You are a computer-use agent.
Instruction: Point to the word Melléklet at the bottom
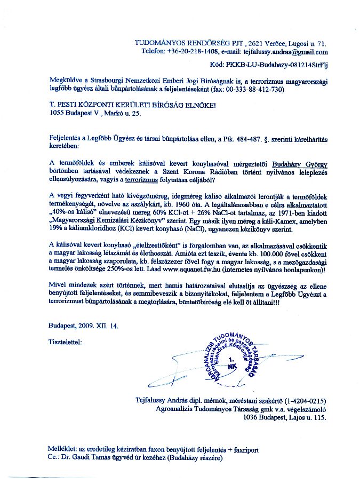point(62,450)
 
